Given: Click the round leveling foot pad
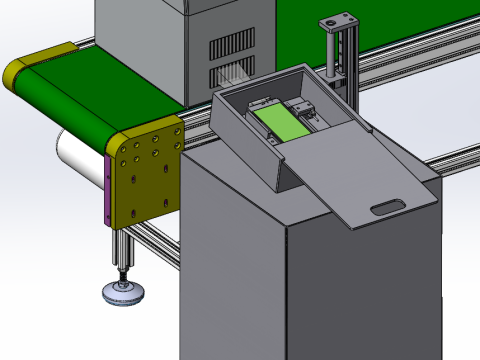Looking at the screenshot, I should click(123, 293).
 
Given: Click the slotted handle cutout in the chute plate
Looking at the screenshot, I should click(385, 208).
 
